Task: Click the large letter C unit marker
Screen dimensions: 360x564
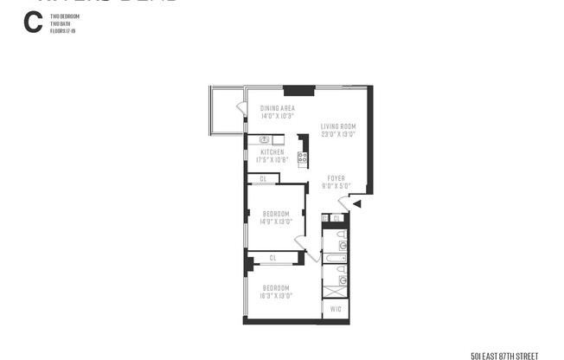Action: click(x=32, y=24)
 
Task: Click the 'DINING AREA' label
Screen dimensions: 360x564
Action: click(x=278, y=108)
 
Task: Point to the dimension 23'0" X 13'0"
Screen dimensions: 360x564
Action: click(x=338, y=134)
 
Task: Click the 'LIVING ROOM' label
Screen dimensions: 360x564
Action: click(x=338, y=126)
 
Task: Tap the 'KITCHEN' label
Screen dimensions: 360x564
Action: click(x=272, y=152)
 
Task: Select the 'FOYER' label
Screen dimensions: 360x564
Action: click(x=336, y=177)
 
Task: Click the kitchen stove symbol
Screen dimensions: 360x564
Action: click(x=302, y=157)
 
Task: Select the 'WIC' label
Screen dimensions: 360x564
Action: click(x=336, y=309)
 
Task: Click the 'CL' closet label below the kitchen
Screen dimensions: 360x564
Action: click(x=264, y=180)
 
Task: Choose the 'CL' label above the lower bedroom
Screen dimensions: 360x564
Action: click(x=272, y=258)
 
